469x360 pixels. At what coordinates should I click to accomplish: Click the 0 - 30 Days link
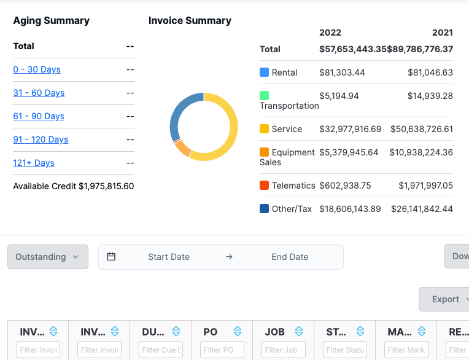(x=37, y=69)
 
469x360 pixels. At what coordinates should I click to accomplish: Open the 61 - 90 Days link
(x=39, y=116)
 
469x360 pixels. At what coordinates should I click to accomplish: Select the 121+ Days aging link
(x=34, y=163)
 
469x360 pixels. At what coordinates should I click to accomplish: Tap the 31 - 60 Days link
(x=39, y=93)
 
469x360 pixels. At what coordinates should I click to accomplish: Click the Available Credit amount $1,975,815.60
(x=106, y=186)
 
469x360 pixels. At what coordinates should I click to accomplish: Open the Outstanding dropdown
(x=48, y=257)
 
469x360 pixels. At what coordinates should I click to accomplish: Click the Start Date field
(x=169, y=257)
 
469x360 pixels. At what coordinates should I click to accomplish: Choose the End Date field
(x=290, y=257)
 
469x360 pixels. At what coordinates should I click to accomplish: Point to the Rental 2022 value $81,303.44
(x=342, y=72)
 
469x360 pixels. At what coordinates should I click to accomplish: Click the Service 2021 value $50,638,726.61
(x=421, y=129)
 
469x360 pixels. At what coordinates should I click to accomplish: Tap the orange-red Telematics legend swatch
(x=265, y=186)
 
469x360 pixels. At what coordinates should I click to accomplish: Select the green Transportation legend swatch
(x=265, y=95)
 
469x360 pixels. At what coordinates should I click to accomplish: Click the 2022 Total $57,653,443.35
(x=353, y=49)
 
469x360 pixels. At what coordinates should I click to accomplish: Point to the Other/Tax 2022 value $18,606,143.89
(x=350, y=209)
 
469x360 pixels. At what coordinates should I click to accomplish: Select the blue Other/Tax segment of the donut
(x=178, y=114)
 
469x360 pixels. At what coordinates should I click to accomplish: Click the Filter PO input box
(x=222, y=350)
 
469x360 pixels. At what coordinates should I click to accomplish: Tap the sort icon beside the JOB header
(x=299, y=332)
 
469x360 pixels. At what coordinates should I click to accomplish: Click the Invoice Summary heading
(x=190, y=20)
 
